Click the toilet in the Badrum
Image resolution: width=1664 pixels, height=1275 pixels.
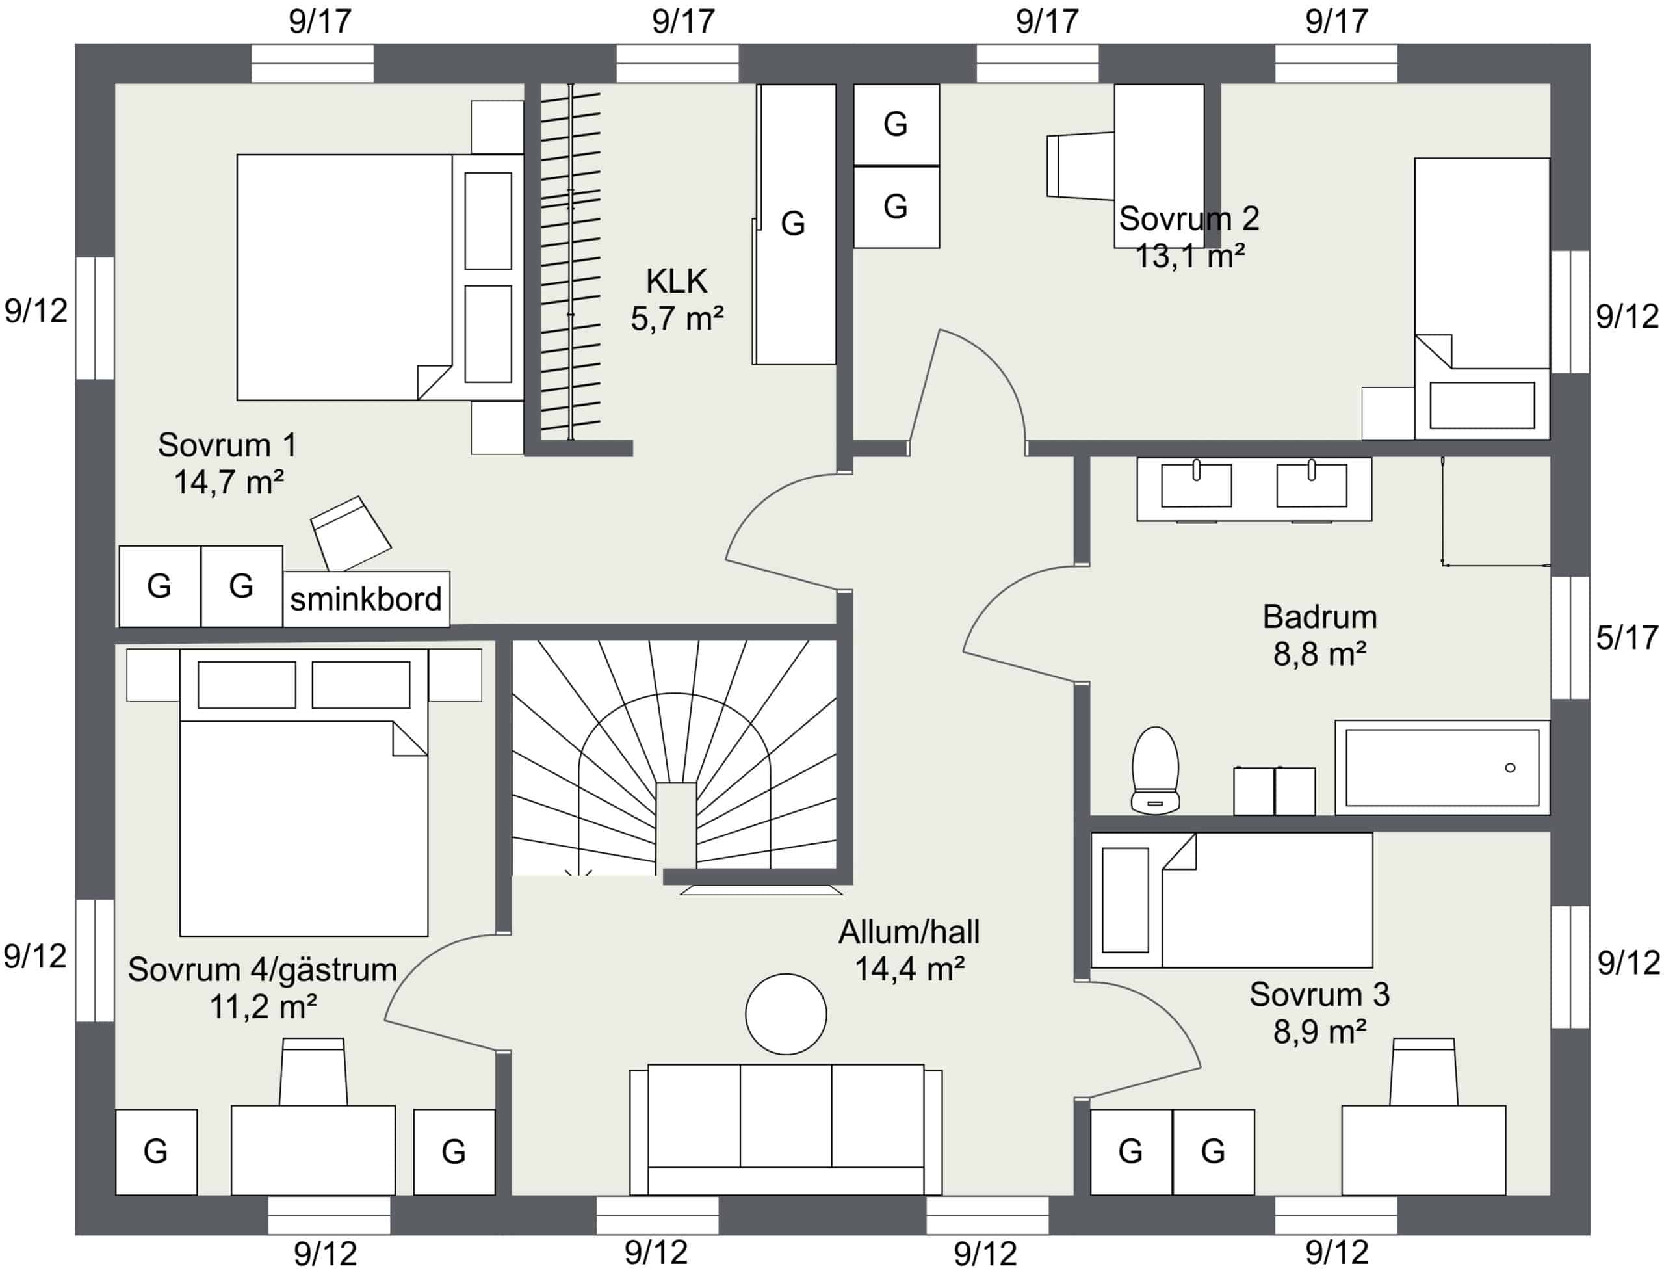pos(1155,770)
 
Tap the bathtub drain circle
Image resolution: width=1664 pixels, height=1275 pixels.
pos(1510,768)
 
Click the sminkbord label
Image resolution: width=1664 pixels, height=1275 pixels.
pos(366,599)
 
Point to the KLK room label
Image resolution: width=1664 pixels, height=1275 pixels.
pos(677,281)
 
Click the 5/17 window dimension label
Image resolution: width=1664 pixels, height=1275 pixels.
pos(1627,637)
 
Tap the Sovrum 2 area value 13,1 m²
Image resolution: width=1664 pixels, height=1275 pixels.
pos(1189,257)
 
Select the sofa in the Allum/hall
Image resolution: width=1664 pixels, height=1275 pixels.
pos(786,1129)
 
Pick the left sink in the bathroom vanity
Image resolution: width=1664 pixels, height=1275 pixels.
pos(1197,484)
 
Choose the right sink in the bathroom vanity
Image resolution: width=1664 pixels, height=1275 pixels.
pos(1311,484)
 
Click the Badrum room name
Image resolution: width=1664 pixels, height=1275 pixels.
pos(1319,617)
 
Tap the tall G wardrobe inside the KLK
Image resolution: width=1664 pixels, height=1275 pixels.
pos(795,224)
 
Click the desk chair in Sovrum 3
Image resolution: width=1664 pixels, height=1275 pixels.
pos(1423,1071)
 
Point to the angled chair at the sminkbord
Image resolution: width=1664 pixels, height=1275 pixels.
pos(350,534)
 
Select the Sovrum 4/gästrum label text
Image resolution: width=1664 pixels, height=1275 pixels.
pos(263,970)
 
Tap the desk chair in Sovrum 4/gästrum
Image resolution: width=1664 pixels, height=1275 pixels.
pos(313,1071)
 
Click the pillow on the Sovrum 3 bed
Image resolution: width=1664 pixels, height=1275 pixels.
pos(1125,900)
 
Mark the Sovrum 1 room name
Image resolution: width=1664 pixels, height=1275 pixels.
pos(227,445)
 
